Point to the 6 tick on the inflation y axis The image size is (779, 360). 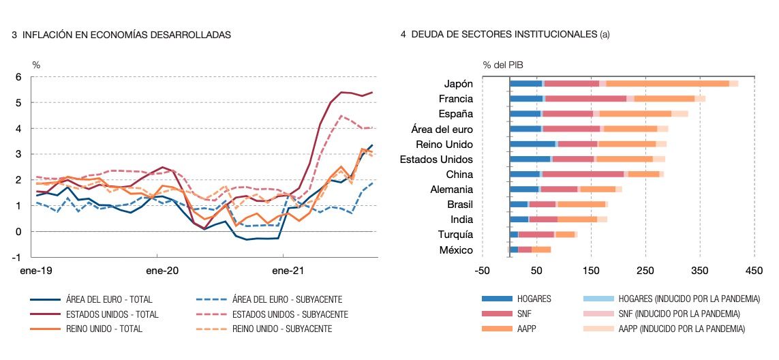tap(18, 77)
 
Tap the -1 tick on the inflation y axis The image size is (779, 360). tap(17, 257)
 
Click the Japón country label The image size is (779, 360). tap(458, 84)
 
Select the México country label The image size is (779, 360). tap(456, 250)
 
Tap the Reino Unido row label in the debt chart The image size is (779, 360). tap(444, 144)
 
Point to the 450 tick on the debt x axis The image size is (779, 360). tap(754, 271)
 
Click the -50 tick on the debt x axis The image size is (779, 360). tap(483, 271)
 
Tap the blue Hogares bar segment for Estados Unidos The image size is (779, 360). tap(530, 159)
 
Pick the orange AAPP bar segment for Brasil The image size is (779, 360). tap(581, 204)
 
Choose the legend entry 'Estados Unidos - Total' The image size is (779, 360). tap(112, 314)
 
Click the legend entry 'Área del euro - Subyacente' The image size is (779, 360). tap(287, 299)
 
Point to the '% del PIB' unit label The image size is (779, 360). tap(503, 65)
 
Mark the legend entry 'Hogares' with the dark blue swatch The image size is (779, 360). tap(534, 299)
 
